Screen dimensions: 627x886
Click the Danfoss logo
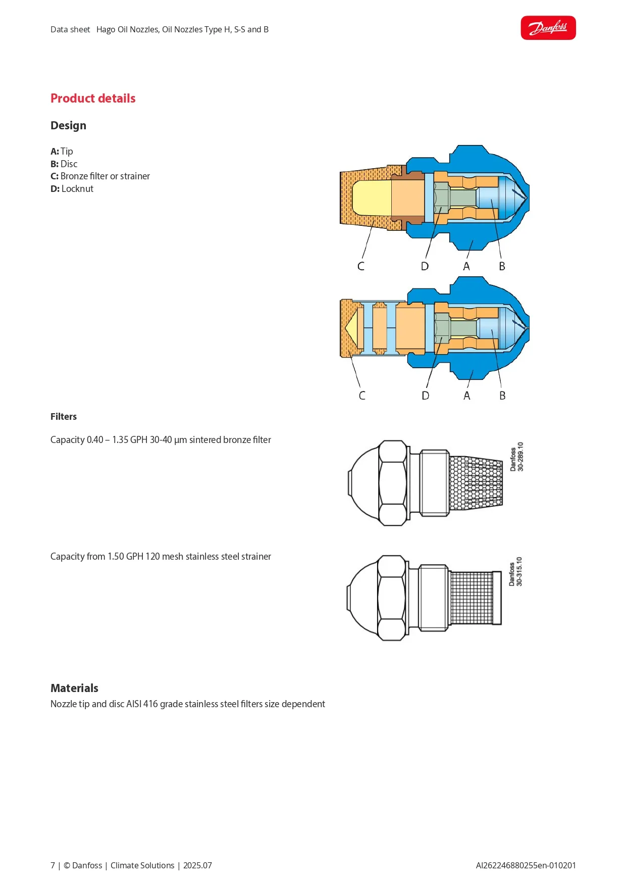[x=548, y=28]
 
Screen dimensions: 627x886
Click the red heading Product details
[x=93, y=98]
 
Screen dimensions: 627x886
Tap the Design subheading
[x=68, y=125]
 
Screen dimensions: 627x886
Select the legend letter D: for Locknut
[x=55, y=189]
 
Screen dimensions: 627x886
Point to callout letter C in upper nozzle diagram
[x=361, y=266]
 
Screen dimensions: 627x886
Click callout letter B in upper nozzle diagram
[x=502, y=266]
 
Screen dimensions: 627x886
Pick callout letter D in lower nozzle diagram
[x=426, y=396]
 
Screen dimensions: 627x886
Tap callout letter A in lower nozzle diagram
[x=467, y=396]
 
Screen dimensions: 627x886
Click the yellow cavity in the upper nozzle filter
[x=372, y=196]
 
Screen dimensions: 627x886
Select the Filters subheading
[x=64, y=417]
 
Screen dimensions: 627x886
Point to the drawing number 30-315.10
[x=519, y=571]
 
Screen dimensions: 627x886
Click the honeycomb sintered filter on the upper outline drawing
[x=476, y=483]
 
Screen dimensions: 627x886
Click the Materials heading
[x=74, y=688]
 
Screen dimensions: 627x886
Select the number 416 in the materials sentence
[x=150, y=704]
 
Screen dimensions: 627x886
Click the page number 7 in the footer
[x=53, y=865]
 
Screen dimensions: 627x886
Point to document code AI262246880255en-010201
[x=526, y=865]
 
